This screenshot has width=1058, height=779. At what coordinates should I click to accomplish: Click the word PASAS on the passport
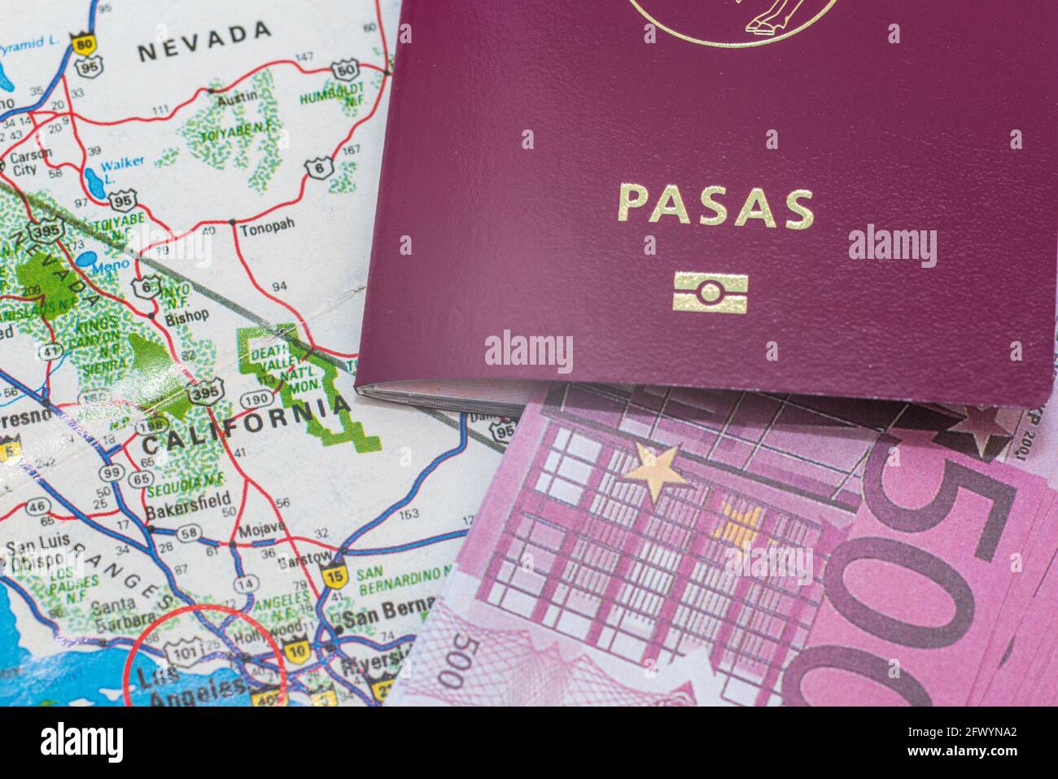click(715, 207)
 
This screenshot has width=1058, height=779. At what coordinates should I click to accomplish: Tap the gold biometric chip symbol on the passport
click(710, 292)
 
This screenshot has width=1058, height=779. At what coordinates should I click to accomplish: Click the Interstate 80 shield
click(82, 45)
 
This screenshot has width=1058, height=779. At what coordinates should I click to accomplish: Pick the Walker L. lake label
click(123, 167)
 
